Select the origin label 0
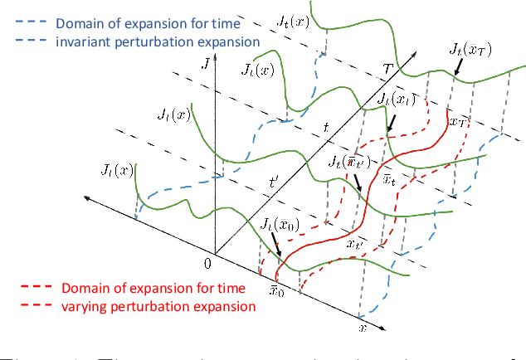click(207, 264)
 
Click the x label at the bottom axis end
click(361, 329)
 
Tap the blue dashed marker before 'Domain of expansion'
click(27, 22)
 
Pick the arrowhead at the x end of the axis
click(383, 326)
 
